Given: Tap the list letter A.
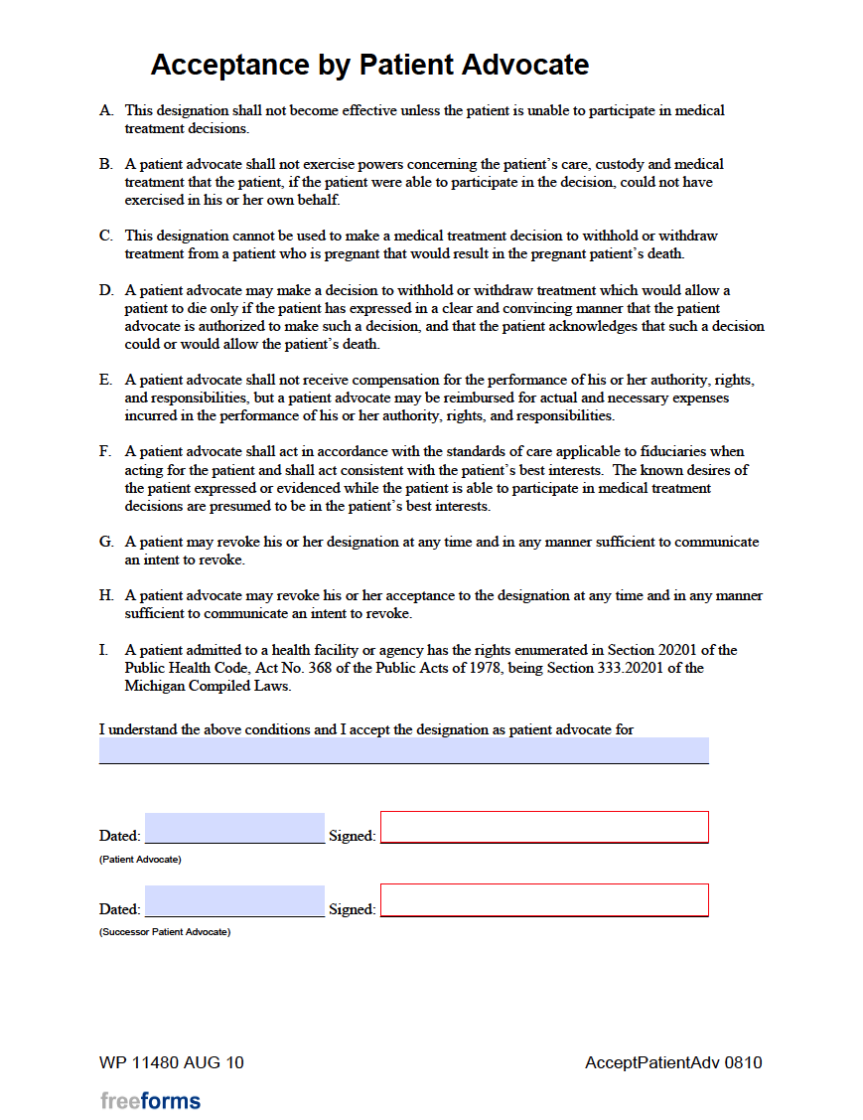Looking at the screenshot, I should point(105,110).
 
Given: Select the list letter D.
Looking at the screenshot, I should point(105,290).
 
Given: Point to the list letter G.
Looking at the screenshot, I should point(105,542).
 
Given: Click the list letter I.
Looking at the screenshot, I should point(103,650).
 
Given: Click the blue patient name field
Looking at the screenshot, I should point(403,750).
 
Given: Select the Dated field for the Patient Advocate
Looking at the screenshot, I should point(234,828).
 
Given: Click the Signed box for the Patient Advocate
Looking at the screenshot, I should point(544,827).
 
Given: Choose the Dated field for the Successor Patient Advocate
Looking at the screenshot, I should point(234,901).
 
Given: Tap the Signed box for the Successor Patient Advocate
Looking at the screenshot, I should point(544,900).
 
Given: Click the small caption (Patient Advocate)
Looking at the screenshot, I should point(140,860).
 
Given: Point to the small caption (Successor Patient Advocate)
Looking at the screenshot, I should point(165,932).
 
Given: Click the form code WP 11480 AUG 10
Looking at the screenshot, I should point(172,1062).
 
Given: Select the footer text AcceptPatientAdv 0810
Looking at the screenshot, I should point(673,1062).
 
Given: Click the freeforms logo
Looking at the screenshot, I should point(150,1100).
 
